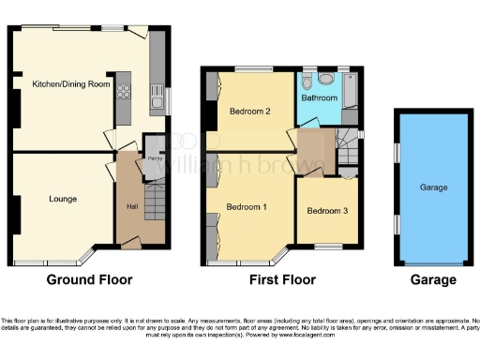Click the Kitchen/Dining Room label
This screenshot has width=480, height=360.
coord(72,84)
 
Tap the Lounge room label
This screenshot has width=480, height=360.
coord(63,199)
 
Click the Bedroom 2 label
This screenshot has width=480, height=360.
coord(249,112)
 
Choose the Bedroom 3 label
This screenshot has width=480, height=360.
coord(327,211)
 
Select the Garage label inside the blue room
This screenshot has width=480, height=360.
coord(432,187)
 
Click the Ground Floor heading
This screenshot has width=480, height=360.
coord(90,279)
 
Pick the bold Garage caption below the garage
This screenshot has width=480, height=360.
coord(432,279)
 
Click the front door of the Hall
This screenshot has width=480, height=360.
coord(132,245)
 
